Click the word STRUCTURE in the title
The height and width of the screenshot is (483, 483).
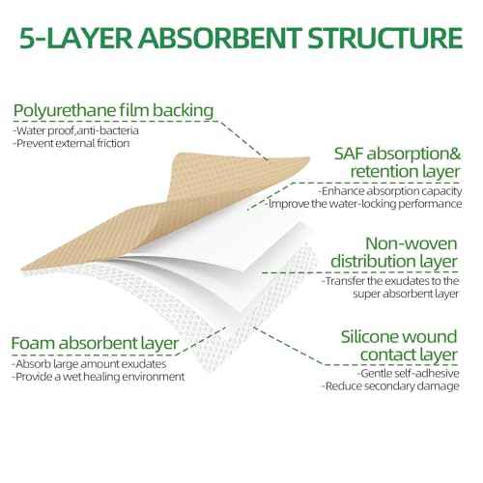coord(385,38)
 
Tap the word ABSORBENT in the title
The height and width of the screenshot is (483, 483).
coord(220,38)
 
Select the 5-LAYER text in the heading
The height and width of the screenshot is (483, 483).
coord(76,38)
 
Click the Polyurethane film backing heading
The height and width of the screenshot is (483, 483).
coord(113,110)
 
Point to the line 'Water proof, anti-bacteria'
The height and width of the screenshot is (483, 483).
coord(75,130)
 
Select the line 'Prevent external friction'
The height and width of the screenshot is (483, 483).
coord(71,143)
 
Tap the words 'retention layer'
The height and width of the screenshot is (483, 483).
coord(405,172)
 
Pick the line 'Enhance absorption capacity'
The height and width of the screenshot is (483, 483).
coord(390,191)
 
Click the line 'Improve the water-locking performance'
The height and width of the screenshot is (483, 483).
coord(364,204)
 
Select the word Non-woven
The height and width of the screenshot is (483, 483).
coord(412,243)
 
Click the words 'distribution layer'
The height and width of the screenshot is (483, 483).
coord(394,261)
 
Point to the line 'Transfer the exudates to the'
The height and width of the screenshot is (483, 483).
coord(390,281)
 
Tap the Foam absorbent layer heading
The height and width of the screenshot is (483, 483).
coord(95,344)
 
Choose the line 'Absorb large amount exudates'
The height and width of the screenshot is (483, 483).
coord(89,364)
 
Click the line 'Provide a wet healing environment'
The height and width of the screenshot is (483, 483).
coord(99,377)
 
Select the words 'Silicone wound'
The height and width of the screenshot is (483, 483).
coord(399,337)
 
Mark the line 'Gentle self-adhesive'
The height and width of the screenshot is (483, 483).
coord(408,374)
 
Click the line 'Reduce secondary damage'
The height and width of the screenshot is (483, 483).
coord(390,386)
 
